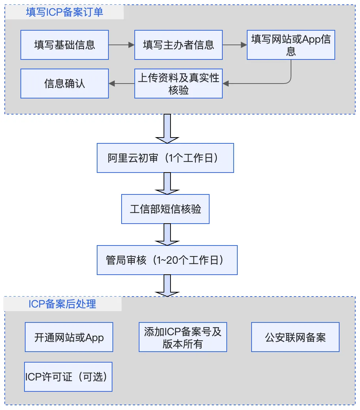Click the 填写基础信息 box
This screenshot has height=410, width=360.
click(65, 45)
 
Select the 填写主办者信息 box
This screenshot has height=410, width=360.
click(178, 45)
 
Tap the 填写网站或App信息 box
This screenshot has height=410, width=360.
click(291, 45)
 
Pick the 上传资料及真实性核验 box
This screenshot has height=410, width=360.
click(178, 84)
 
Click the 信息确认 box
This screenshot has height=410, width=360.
click(65, 84)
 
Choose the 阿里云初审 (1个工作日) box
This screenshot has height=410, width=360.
click(165, 158)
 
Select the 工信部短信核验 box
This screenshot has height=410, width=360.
click(165, 209)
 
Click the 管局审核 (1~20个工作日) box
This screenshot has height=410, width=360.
click(167, 260)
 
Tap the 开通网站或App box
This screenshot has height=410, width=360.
click(69, 337)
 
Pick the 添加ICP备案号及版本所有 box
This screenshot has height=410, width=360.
click(183, 337)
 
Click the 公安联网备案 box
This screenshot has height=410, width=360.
click(295, 337)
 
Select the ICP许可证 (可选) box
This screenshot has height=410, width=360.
click(68, 377)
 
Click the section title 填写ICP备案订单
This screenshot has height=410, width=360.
click(65, 12)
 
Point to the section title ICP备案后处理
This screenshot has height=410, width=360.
click(62, 304)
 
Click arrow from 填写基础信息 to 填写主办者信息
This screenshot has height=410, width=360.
click(122, 45)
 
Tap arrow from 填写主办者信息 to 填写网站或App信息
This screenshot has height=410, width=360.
click(235, 45)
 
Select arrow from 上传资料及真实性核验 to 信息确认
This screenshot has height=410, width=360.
click(122, 84)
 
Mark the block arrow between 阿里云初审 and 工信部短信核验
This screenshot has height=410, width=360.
click(167, 183)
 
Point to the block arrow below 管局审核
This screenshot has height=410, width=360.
click(167, 285)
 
